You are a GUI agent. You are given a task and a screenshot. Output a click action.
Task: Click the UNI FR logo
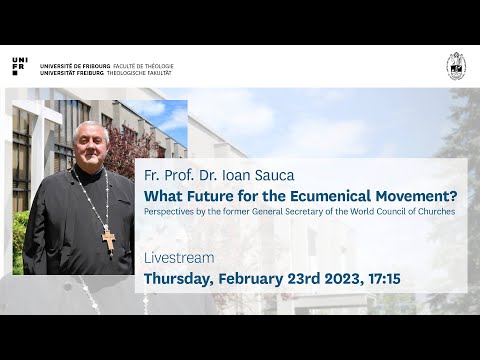21,66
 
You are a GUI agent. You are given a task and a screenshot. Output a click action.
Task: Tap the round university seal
455,65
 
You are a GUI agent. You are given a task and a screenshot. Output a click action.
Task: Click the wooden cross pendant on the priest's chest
108,240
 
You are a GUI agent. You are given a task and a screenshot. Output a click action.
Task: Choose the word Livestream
179,258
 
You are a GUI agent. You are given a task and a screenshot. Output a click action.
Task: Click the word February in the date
254,277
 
